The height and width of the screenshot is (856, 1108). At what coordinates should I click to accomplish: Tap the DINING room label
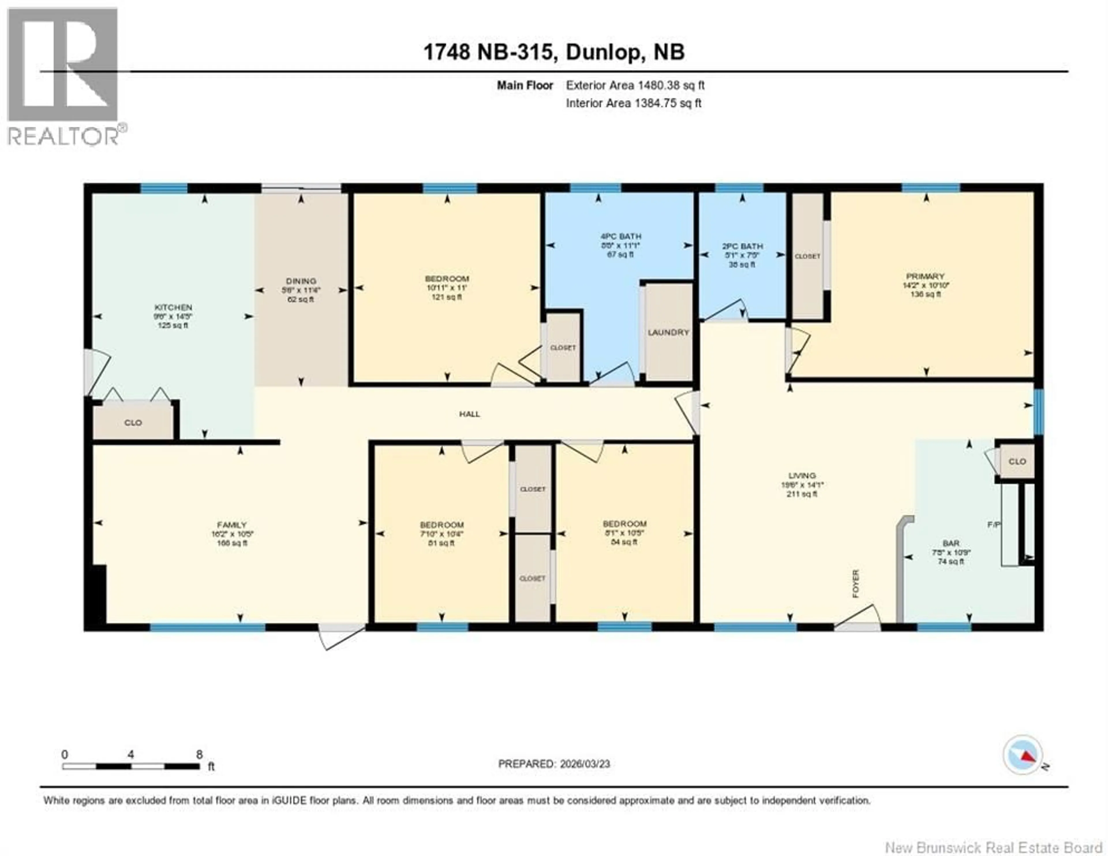tap(301, 281)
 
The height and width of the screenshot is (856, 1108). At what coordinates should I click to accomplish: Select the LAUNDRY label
tap(668, 332)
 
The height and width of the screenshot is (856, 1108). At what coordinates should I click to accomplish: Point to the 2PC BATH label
tap(742, 246)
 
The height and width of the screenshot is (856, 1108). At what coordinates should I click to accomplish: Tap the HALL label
tap(469, 414)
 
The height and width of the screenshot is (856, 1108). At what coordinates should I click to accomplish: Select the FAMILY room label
tap(232, 525)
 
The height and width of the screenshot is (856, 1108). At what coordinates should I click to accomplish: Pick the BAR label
tap(951, 544)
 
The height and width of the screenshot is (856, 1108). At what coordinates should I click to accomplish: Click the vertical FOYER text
tap(856, 584)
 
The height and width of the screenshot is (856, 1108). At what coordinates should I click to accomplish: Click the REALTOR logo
tap(63, 76)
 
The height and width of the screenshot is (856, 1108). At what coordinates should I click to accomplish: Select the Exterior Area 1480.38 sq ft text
tap(635, 85)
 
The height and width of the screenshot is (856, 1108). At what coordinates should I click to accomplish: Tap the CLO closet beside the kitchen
tap(133, 423)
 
